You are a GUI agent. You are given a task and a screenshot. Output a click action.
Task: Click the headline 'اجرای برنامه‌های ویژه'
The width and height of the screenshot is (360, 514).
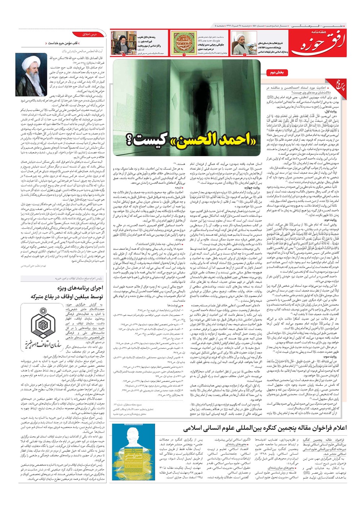coord(80,288)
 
